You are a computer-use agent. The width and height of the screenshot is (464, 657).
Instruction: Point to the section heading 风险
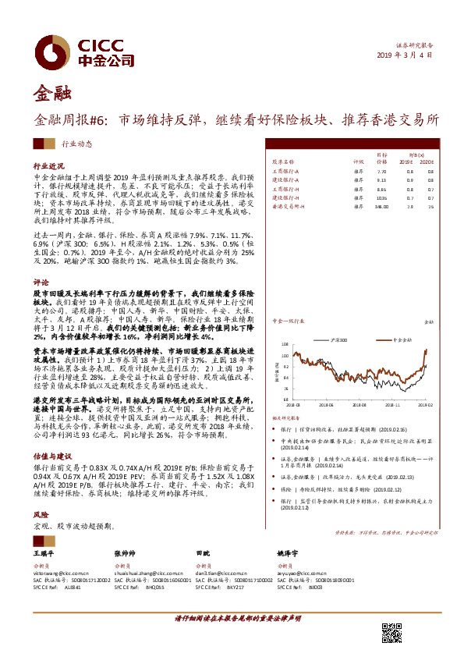pyautogui.click(x=41, y=517)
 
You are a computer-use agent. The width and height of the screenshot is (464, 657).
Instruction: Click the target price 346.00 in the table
pyautogui.click(x=381, y=207)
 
